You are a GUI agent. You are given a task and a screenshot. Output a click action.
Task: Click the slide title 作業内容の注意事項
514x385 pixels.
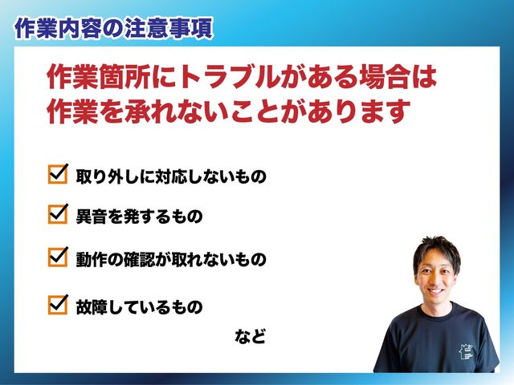tap(114, 29)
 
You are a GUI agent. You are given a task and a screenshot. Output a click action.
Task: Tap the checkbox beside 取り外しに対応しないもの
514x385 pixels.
tap(58, 174)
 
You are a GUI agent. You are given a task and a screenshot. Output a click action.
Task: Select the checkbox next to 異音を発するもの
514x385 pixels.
tap(58, 214)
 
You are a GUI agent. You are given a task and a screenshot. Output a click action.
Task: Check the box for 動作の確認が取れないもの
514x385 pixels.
tap(58, 257)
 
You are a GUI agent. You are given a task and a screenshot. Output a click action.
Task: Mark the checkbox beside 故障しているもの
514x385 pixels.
tap(58, 305)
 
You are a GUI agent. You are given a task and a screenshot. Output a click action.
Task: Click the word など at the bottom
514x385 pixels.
tap(250, 336)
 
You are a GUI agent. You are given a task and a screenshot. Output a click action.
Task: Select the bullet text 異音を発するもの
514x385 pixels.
tap(139, 217)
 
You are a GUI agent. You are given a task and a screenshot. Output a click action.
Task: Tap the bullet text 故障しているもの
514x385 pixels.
tap(139, 307)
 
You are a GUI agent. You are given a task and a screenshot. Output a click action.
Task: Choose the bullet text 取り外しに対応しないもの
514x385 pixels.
tap(171, 176)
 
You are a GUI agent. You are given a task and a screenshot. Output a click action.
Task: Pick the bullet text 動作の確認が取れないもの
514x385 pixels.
tap(171, 259)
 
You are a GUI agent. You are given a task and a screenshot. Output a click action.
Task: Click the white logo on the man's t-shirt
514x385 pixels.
tap(467, 352)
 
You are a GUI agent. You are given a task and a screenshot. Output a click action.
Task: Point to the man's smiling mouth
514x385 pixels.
tap(436, 290)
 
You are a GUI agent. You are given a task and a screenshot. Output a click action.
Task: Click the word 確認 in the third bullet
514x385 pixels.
tap(139, 259)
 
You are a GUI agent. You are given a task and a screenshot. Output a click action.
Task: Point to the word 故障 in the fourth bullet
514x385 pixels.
tap(92, 307)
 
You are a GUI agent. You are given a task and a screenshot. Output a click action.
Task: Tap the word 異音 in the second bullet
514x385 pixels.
tap(92, 217)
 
